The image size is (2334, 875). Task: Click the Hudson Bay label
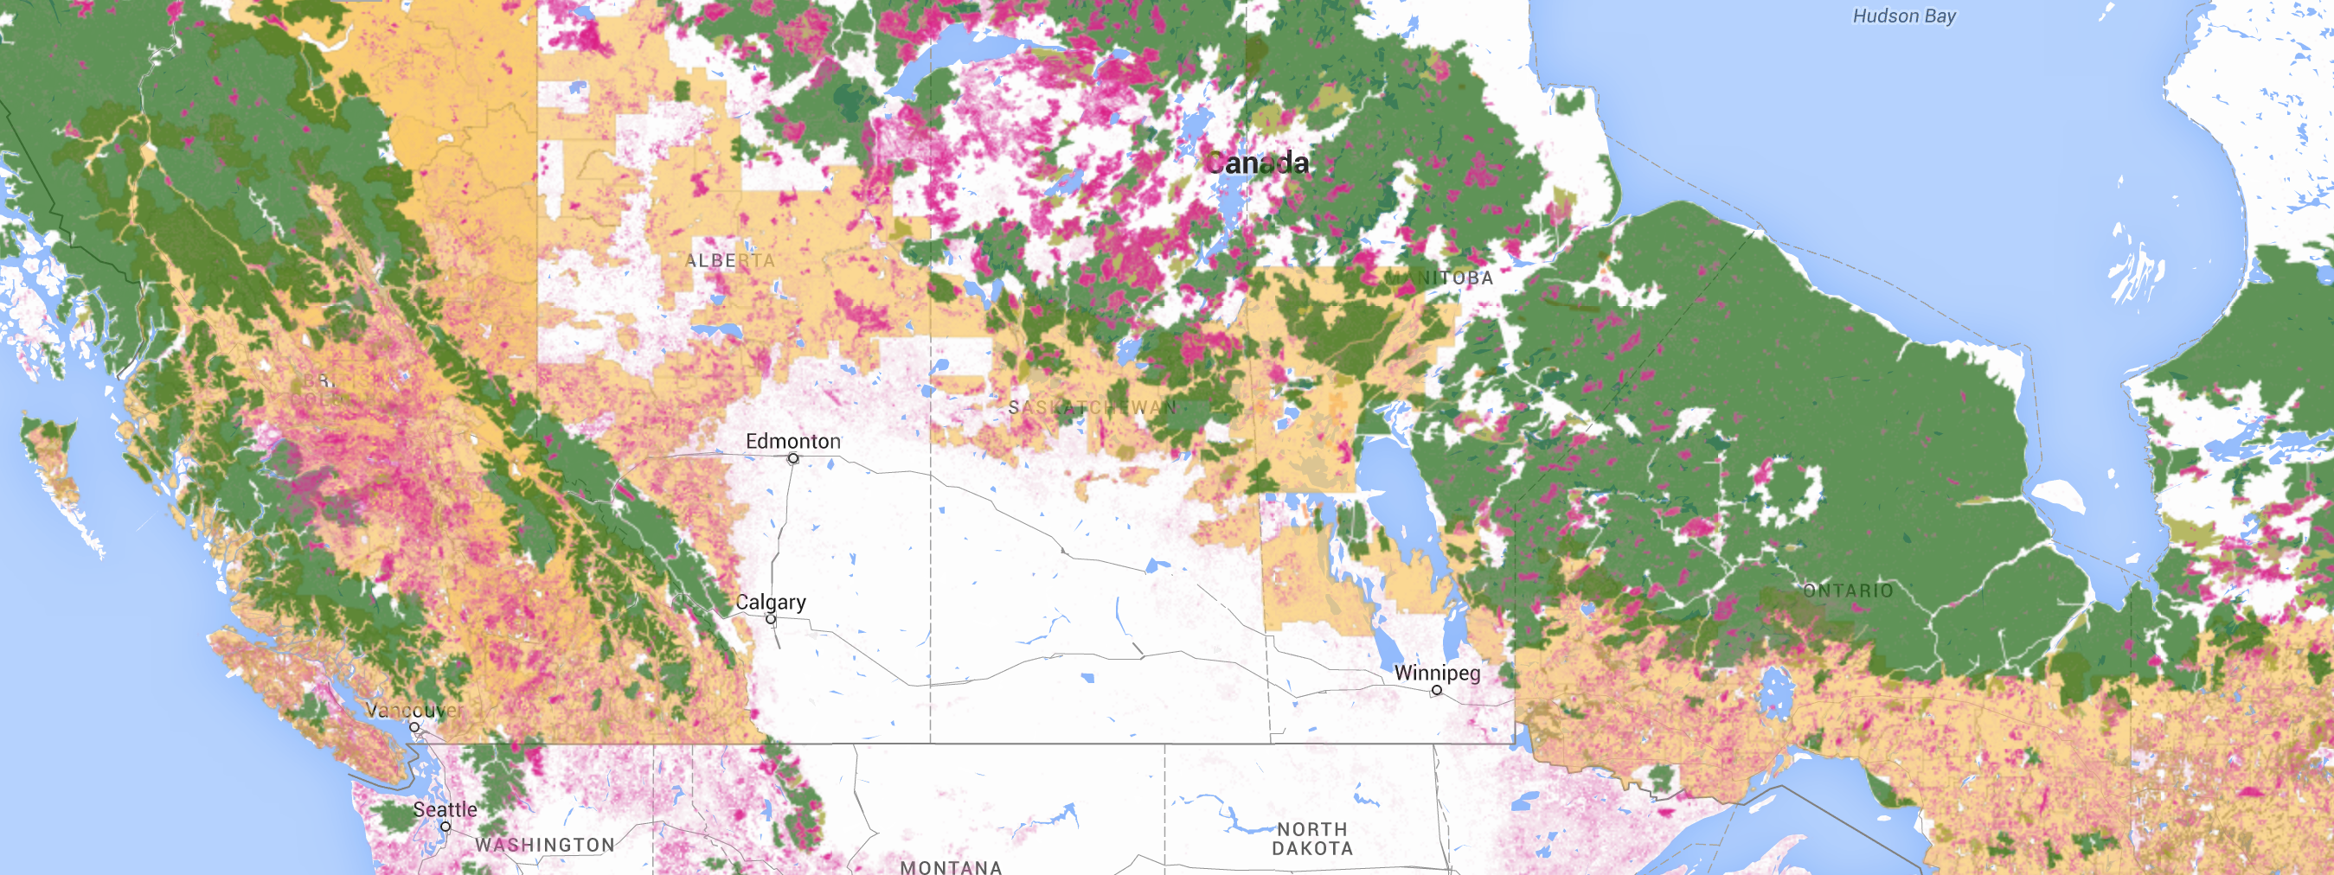pos(1904,16)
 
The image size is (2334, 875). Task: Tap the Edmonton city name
pos(792,441)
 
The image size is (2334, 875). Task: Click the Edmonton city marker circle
pos(792,459)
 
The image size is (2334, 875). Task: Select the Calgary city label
pos(770,603)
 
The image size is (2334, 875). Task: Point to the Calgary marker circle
pos(771,620)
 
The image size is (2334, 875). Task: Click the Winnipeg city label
pos(1437,673)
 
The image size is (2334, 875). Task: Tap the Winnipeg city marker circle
pos(1436,690)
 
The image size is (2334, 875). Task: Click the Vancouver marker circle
pos(414,726)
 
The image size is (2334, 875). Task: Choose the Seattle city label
pos(445,809)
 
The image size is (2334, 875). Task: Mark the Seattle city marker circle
pos(445,826)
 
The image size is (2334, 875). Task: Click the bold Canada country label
pos(1258,163)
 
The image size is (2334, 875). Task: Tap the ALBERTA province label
pos(730,261)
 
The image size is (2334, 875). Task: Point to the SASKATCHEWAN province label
pos(1092,407)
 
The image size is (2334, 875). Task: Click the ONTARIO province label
pos(1848,591)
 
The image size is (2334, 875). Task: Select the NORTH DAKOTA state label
pos(1312,839)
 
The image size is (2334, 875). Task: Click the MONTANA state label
pos(951,867)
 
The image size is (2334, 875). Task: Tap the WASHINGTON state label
pos(544,845)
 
